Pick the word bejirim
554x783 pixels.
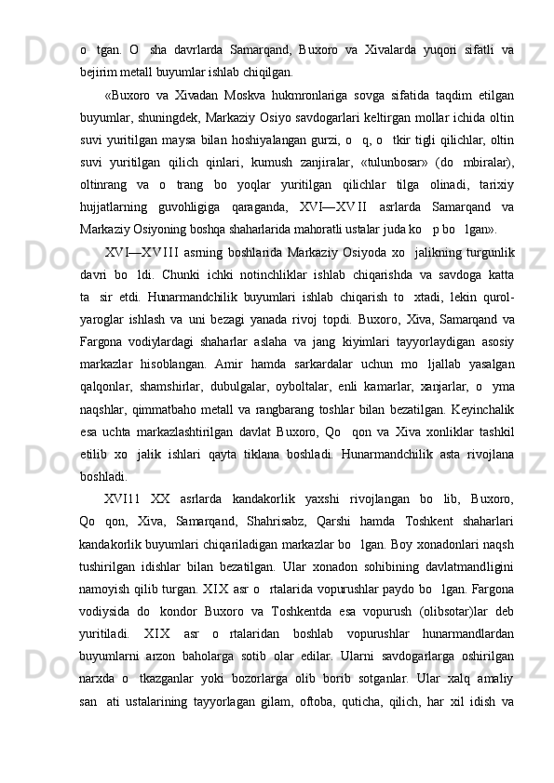point(100,70)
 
